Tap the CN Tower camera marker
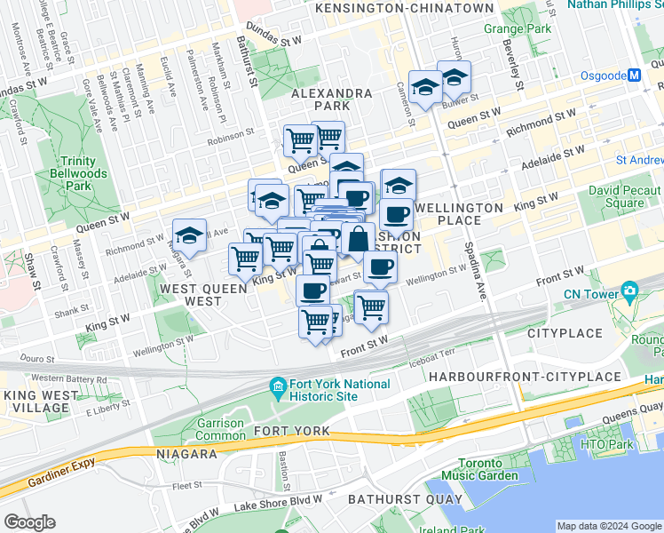click(629, 290)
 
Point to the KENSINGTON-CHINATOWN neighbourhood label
click(404, 8)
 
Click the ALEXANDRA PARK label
click(331, 99)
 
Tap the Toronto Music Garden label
click(487, 470)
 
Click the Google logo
click(30, 522)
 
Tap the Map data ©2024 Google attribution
click(608, 526)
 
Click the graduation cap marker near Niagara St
click(189, 236)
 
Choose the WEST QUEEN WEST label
click(191, 295)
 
